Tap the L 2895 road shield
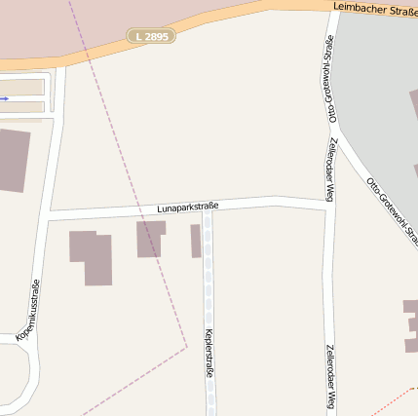pos(151,36)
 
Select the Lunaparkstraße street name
pos(187,207)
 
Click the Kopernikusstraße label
pos(28,310)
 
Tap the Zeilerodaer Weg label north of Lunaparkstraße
pos(331,162)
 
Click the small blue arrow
pos(5,98)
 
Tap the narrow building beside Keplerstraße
pos(196,241)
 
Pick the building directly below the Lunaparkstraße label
pos(150,237)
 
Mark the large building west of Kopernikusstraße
pos(13,159)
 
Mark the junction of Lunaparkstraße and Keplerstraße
pos(208,206)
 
